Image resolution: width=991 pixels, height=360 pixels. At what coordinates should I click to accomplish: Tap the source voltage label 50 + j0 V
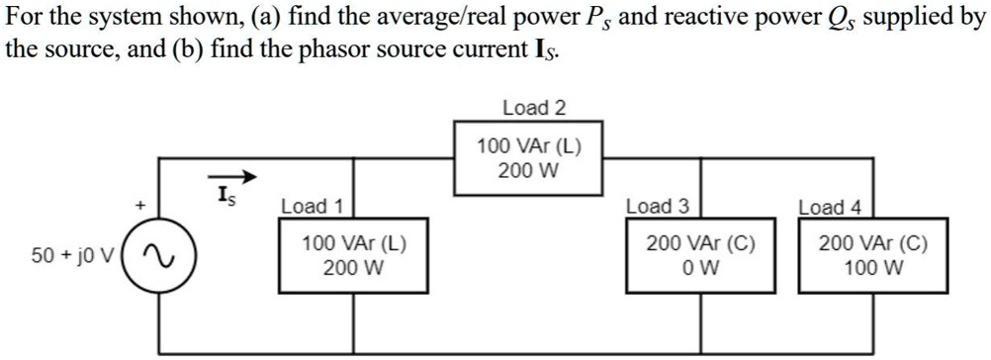[x=71, y=256]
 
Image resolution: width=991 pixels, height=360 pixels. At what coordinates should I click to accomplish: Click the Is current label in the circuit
[x=226, y=194]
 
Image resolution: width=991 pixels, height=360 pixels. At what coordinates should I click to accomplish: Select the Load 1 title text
[x=311, y=207]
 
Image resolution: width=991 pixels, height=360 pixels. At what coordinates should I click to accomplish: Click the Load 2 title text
[x=534, y=107]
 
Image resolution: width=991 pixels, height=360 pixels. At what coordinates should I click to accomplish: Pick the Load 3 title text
[x=657, y=207]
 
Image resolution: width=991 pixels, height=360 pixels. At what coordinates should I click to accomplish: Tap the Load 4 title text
[x=829, y=207]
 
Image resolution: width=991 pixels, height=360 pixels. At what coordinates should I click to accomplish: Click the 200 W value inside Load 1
[x=353, y=267]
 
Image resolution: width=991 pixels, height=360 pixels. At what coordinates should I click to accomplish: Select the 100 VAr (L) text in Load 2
[x=529, y=147]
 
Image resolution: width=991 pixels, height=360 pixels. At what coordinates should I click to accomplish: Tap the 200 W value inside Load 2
[x=529, y=170]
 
